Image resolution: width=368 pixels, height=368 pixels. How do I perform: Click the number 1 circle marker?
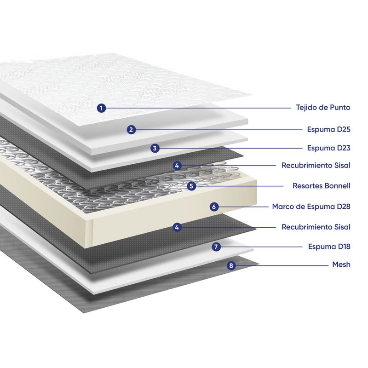coord(102,108)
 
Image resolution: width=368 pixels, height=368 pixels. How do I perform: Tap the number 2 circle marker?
coord(131,130)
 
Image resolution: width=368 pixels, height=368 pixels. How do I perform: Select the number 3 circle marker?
coord(155,148)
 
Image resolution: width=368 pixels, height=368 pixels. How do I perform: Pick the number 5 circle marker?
coord(192,186)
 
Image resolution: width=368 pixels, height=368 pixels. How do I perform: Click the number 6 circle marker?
coord(214,207)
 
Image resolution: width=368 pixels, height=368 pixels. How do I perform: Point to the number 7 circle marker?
coord(216,247)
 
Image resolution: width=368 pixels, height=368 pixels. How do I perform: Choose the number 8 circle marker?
coord(231,265)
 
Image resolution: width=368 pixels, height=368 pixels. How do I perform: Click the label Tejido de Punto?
coord(323,108)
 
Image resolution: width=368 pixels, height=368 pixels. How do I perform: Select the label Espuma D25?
coord(329,130)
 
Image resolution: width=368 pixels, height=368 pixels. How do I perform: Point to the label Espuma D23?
coord(329,148)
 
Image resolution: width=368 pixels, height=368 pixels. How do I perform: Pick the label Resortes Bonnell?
coord(322,186)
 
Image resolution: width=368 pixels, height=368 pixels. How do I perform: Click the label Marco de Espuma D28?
coord(311,207)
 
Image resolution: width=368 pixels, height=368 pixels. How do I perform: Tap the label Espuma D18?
coord(329,247)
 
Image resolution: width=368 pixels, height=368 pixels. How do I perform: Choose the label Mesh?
coord(341,264)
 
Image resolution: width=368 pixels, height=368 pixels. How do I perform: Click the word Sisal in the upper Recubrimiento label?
coord(341,165)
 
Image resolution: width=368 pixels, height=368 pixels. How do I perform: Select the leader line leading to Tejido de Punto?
coord(198,108)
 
